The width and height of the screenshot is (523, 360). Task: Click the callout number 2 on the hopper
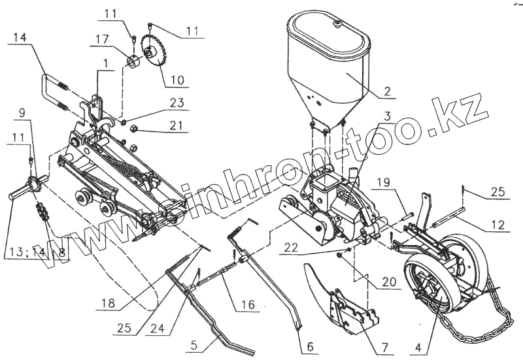point(388,92)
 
